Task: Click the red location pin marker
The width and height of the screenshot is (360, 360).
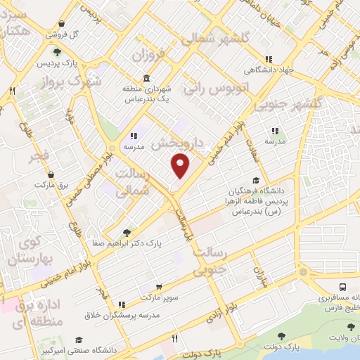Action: (x=181, y=167)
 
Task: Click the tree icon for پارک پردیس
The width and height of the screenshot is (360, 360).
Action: (x=56, y=51)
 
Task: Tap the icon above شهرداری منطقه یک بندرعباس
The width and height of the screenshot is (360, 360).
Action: (x=146, y=78)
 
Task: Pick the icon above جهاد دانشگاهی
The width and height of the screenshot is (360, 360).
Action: (x=267, y=60)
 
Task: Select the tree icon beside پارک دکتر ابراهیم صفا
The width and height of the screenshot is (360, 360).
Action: (x=127, y=232)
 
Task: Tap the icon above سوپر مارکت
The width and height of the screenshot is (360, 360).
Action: (x=160, y=287)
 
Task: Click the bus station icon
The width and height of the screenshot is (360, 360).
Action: (x=342, y=287)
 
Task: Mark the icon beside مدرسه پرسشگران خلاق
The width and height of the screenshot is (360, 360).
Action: (x=122, y=304)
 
